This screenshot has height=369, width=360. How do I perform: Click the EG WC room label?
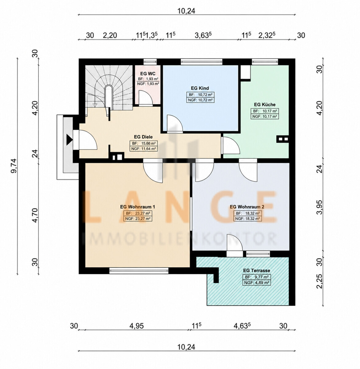click(148, 73)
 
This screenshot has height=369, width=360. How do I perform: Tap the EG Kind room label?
click(200, 88)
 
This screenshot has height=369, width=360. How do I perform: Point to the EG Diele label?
click(143, 137)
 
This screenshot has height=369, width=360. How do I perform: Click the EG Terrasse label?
click(256, 270)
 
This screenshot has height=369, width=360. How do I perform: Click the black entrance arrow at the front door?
click(69, 140)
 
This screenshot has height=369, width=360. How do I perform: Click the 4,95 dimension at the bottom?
click(137, 326)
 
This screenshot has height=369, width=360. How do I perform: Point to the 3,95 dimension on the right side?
click(319, 207)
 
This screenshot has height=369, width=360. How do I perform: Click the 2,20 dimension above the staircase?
click(110, 35)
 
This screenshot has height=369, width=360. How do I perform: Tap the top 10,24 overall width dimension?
click(186, 11)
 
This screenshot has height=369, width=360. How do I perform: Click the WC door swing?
click(145, 97)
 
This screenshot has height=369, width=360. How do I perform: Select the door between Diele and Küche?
click(230, 145)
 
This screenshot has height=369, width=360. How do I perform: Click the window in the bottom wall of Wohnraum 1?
click(139, 270)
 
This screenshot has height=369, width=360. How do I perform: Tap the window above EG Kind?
click(202, 62)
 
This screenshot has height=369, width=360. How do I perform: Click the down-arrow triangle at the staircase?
click(95, 105)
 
